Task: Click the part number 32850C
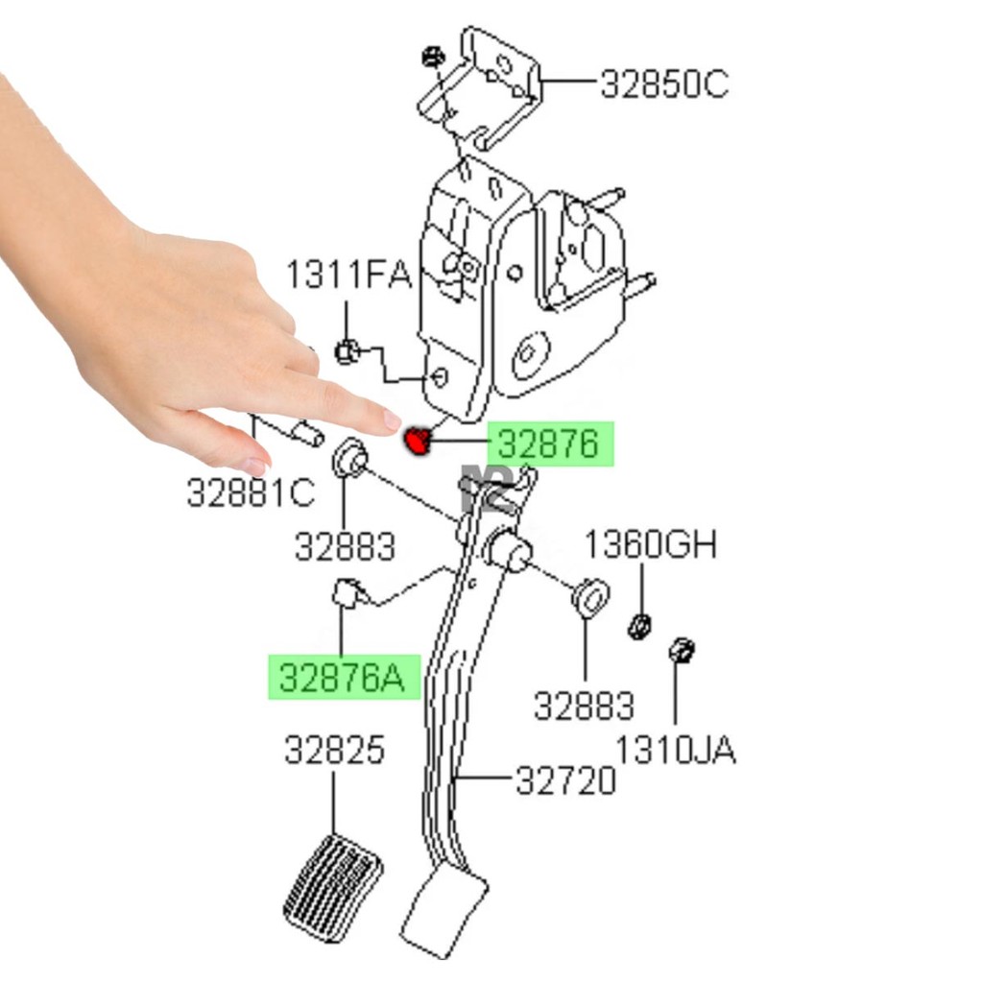[x=664, y=84]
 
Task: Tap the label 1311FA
[x=348, y=275]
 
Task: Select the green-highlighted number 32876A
[x=343, y=678]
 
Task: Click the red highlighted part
[x=418, y=441]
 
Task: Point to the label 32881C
[x=251, y=492]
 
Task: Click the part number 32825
[x=334, y=750]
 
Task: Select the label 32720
[x=565, y=781]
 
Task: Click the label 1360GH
[x=651, y=544]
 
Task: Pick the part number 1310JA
[x=676, y=750]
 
